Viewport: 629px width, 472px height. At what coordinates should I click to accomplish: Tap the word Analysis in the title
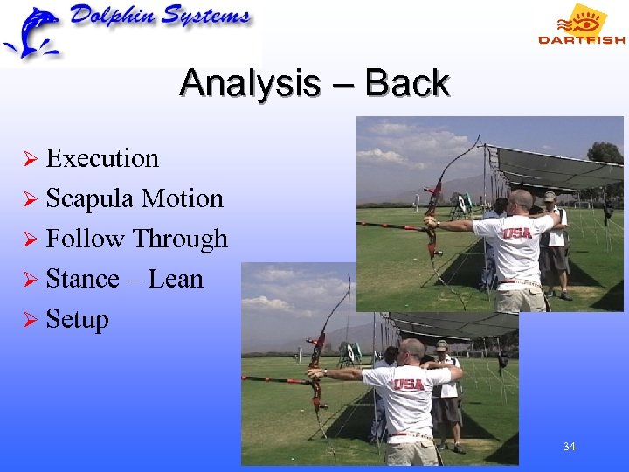tap(248, 84)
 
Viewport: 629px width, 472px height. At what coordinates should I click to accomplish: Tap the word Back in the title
tap(407, 84)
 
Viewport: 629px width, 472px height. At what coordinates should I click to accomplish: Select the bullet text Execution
tap(102, 158)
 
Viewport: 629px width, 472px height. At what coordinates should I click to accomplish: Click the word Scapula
tap(89, 198)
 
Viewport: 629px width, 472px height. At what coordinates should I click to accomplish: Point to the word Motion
tap(183, 198)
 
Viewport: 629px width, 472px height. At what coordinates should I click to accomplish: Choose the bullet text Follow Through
tap(136, 239)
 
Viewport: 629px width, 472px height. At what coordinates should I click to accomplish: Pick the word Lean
tap(176, 279)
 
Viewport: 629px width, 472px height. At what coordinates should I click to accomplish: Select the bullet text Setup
tap(77, 319)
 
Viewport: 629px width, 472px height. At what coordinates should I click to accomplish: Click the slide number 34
tap(569, 447)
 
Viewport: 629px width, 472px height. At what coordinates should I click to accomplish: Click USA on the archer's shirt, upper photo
tap(515, 234)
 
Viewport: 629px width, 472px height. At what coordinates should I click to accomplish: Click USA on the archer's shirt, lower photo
tap(407, 384)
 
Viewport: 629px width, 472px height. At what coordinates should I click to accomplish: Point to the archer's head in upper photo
tap(521, 200)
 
